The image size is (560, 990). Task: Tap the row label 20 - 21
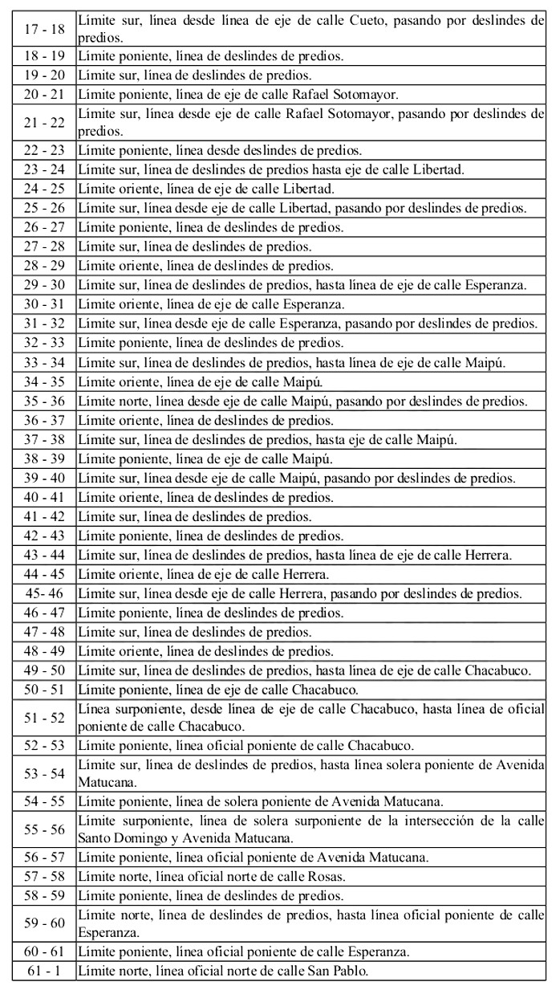44,95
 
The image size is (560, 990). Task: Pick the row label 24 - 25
44,189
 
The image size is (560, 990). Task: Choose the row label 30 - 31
44,304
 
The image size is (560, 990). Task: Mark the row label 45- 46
44,593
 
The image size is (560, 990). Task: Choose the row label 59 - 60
44,923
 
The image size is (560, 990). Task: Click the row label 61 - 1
44,972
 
